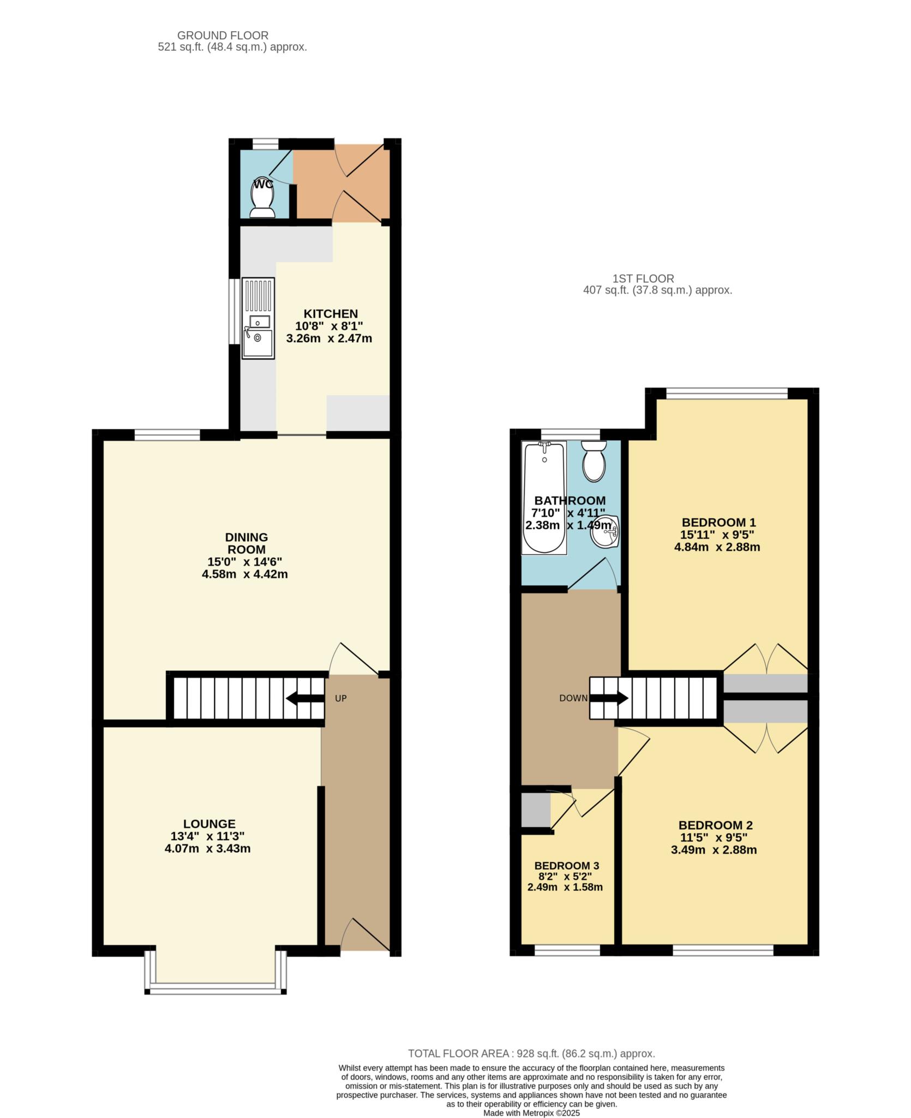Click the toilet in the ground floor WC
262,197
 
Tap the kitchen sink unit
258,318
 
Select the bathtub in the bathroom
544,498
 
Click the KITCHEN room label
331,313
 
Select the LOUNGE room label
209,824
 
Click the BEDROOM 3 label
567,866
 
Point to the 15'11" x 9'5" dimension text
717,535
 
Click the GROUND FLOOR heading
223,35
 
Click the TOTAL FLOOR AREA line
531,1054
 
